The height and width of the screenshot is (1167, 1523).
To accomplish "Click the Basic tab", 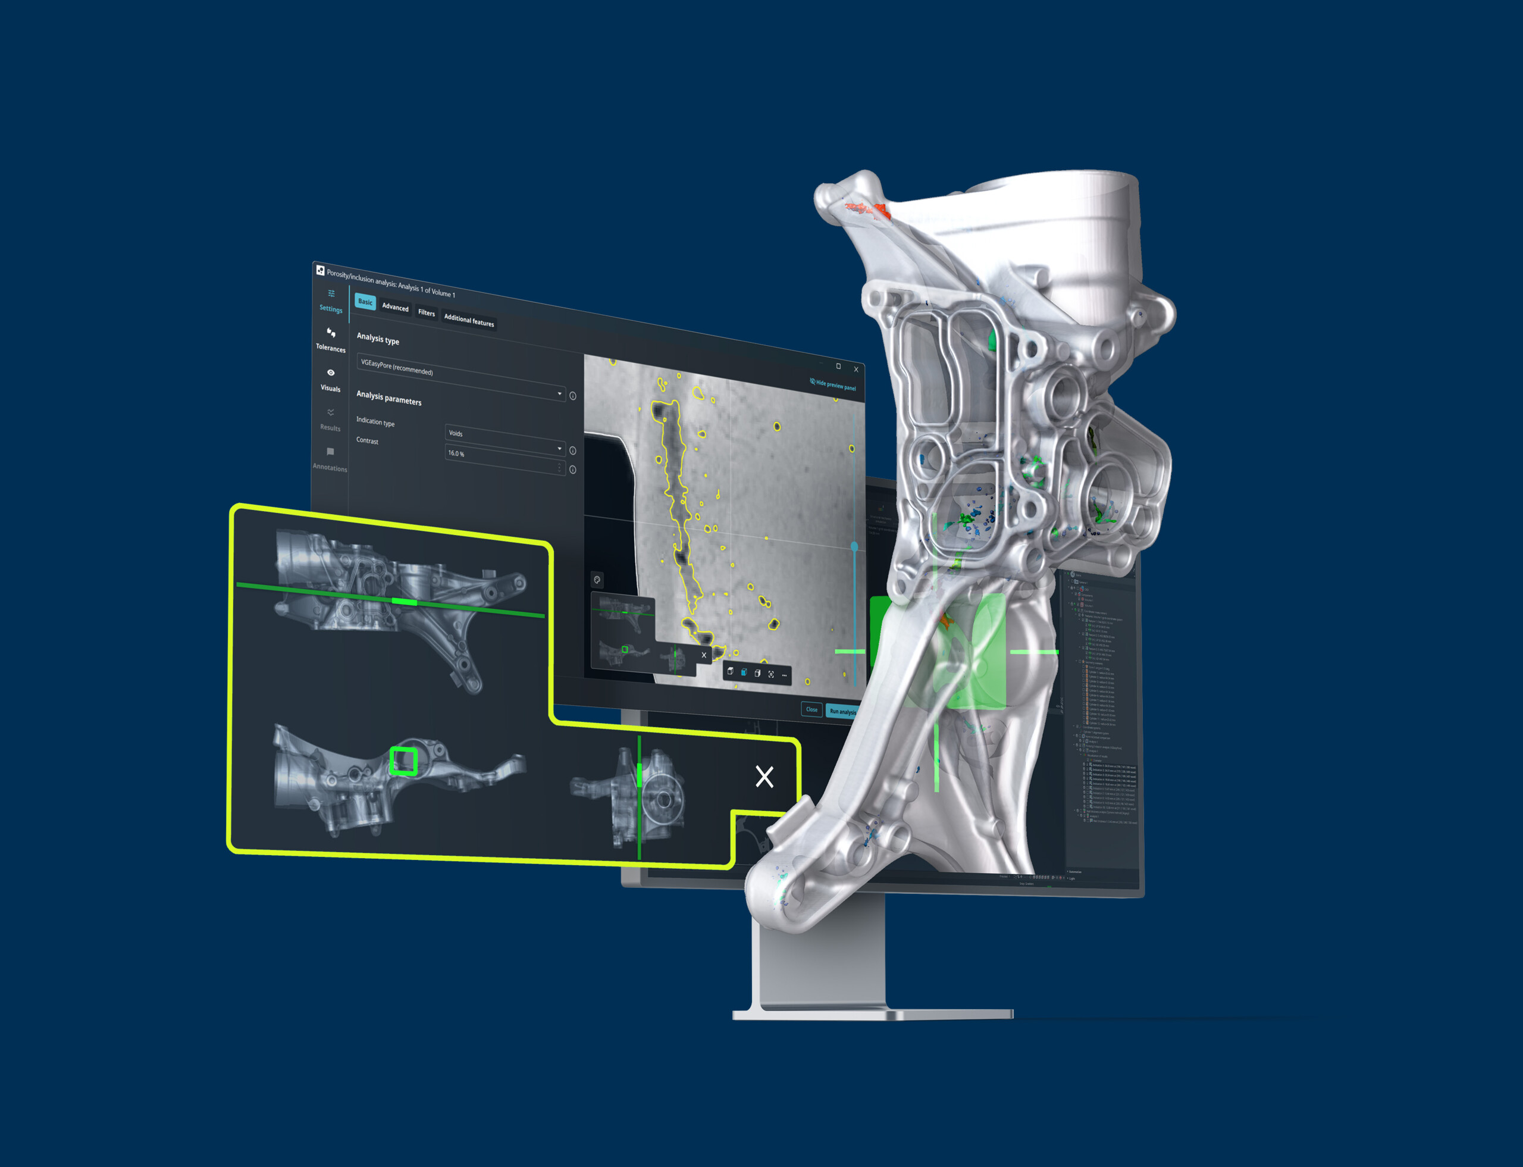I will click(x=365, y=302).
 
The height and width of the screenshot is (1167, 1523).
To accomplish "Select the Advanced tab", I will click(x=395, y=307).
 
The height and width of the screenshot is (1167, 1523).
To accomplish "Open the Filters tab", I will click(x=427, y=312).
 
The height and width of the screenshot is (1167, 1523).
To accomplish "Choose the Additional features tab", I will click(x=469, y=320).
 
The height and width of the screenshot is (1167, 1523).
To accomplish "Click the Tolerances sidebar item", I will click(x=331, y=339).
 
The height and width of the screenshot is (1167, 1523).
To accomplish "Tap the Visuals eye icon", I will click(x=331, y=373).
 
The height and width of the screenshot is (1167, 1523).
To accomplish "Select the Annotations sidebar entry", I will click(x=330, y=458).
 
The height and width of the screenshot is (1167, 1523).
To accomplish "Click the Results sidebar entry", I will click(x=330, y=420).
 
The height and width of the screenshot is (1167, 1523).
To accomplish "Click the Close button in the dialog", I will click(x=811, y=709).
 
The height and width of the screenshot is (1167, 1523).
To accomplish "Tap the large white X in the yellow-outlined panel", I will click(x=764, y=776).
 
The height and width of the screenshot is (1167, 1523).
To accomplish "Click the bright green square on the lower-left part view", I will click(x=403, y=761).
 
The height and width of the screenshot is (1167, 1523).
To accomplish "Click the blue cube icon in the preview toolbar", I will click(x=744, y=672).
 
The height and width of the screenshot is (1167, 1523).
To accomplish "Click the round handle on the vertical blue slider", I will click(x=854, y=547).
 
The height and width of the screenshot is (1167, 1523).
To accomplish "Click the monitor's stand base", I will click(x=873, y=1014).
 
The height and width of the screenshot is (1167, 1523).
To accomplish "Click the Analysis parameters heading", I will click(x=389, y=398).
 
